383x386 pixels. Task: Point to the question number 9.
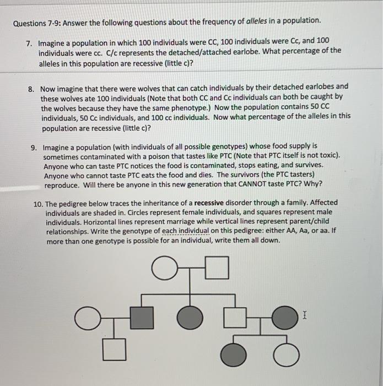click(34, 147)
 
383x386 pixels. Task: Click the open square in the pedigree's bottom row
click(113, 350)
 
